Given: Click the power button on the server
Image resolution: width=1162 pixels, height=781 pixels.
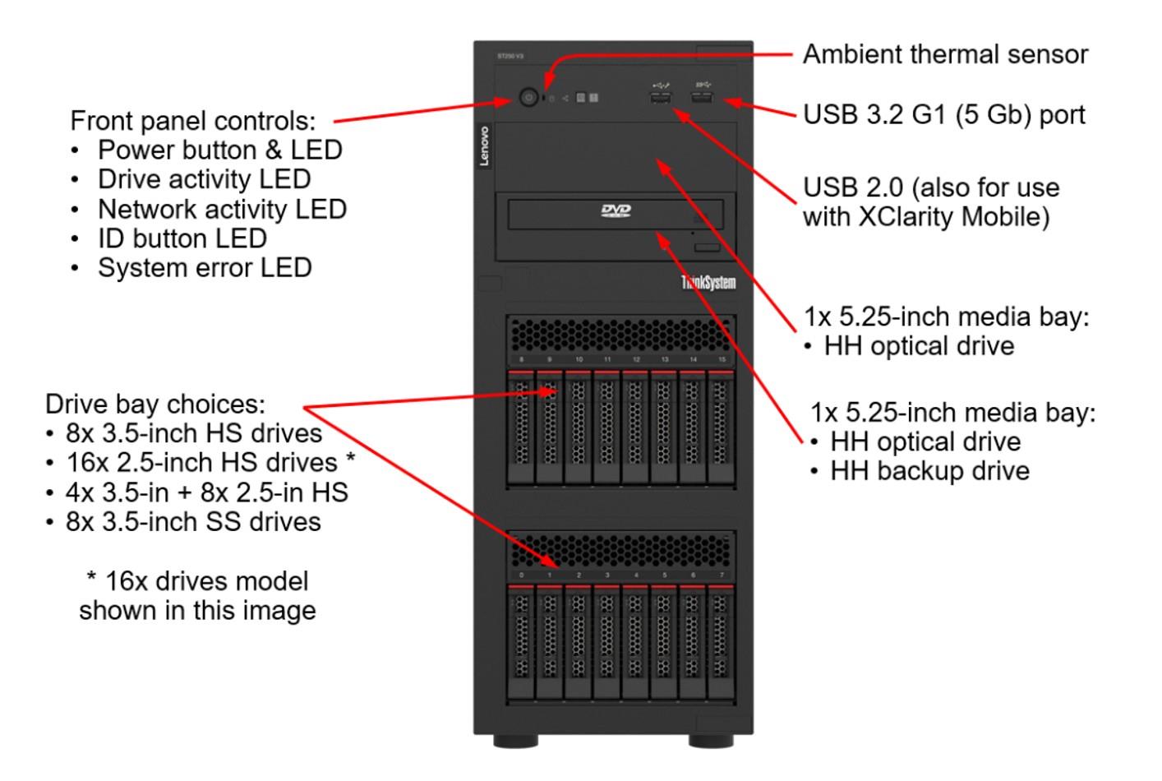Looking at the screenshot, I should (528, 98).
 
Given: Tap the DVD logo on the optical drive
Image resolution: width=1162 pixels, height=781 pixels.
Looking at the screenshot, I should (616, 211).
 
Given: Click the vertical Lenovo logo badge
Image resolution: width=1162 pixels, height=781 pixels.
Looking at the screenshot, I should (484, 146).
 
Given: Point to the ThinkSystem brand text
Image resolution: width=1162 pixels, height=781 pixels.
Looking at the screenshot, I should (708, 283).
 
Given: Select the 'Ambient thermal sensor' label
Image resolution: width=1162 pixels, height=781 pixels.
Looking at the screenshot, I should (945, 55).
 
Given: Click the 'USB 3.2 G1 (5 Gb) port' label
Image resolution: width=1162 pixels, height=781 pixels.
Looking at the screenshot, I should (943, 114).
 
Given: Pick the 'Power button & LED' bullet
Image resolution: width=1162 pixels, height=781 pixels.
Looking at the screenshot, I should (219, 150).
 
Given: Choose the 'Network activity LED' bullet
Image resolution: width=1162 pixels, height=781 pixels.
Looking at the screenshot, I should (222, 210).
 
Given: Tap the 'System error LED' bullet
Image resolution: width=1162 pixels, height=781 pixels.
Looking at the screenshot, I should (205, 268).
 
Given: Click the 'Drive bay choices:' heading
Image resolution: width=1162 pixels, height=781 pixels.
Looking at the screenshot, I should (155, 404).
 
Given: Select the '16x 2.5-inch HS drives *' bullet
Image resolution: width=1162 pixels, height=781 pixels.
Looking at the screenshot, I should (210, 463).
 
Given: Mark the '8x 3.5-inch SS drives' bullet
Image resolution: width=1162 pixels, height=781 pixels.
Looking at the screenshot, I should (193, 522).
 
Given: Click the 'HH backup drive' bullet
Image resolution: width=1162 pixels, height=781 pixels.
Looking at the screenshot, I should (929, 471).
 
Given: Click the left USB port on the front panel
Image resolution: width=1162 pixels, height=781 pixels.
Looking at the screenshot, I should (661, 99).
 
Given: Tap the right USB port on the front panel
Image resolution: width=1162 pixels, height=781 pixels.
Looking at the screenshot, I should (702, 99).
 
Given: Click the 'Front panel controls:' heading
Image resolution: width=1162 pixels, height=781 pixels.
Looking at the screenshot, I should (193, 121).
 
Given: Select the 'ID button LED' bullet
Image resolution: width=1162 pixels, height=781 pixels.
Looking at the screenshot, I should (182, 239).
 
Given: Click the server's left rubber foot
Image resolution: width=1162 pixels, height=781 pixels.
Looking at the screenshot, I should (516, 742).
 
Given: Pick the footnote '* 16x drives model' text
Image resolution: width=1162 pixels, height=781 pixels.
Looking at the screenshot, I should (197, 581).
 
